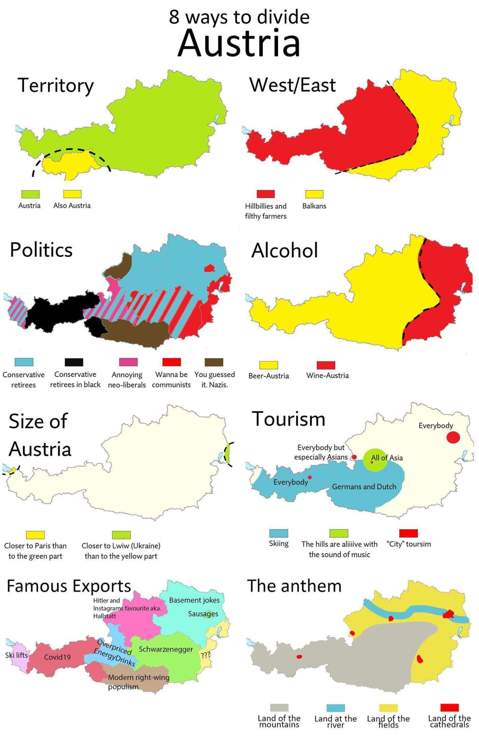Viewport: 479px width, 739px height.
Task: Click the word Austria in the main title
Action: pyautogui.click(x=239, y=44)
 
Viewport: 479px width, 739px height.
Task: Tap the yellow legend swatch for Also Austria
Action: pyautogui.click(x=72, y=194)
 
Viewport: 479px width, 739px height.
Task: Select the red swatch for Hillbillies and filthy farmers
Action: pyautogui.click(x=266, y=194)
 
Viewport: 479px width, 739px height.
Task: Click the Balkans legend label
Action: pyautogui.click(x=314, y=206)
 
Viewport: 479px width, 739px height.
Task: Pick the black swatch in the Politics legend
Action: pyautogui.click(x=74, y=362)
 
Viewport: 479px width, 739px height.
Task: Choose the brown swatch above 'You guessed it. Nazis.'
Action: pyautogui.click(x=214, y=362)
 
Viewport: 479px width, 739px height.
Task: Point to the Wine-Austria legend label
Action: pyautogui.click(x=327, y=375)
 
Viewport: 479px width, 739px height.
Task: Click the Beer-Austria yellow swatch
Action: pyautogui.click(x=269, y=365)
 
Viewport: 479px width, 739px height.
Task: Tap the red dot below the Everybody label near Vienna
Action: pyautogui.click(x=453, y=437)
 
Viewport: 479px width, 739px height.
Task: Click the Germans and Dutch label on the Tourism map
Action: pyautogui.click(x=364, y=487)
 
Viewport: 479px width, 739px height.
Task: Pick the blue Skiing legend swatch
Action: pyautogui.click(x=279, y=533)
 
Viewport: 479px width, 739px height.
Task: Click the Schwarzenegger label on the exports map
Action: pyautogui.click(x=166, y=649)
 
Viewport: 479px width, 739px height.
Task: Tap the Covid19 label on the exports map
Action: pyautogui.click(x=57, y=657)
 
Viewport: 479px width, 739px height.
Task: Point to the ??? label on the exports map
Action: pyautogui.click(x=205, y=655)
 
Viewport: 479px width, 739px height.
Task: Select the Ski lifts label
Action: pyautogui.click(x=16, y=655)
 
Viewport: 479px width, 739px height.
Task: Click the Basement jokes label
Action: pyautogui.click(x=194, y=600)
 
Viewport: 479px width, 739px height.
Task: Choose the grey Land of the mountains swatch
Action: pyautogui.click(x=279, y=708)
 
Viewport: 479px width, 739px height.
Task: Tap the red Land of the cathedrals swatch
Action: pyautogui.click(x=449, y=708)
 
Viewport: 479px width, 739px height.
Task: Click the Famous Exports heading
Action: pyautogui.click(x=69, y=586)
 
